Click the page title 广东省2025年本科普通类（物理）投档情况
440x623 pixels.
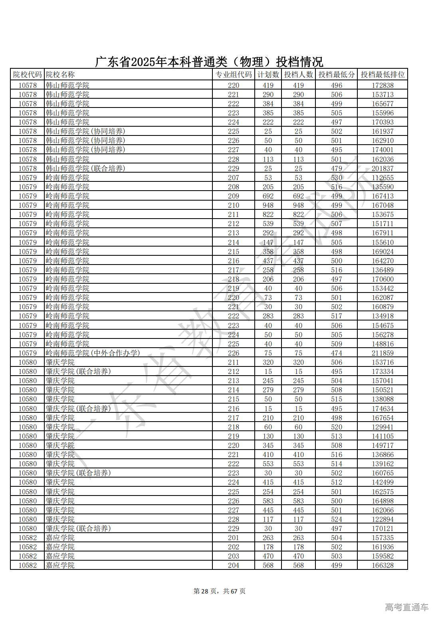coord(209,62)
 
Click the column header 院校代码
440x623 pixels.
coord(27,75)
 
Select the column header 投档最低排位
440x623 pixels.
coord(383,75)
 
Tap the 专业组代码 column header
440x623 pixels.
coord(234,75)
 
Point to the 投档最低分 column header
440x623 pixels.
coord(336,75)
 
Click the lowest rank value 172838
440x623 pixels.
coord(383,85)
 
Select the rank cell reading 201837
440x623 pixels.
coord(383,168)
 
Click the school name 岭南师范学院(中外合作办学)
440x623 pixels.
coord(93,353)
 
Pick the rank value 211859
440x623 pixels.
coord(383,353)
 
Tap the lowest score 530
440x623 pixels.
coord(336,177)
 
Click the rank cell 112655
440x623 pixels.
coord(383,177)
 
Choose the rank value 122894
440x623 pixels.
coord(383,519)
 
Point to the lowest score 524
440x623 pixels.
coord(336,519)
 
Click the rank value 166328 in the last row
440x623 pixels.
coord(383,565)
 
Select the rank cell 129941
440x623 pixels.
coord(383,427)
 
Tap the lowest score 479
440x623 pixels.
coord(336,168)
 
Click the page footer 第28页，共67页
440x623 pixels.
coord(220,591)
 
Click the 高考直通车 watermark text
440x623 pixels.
coord(407,607)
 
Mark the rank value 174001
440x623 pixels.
coord(383,150)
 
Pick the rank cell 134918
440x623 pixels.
coord(383,316)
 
